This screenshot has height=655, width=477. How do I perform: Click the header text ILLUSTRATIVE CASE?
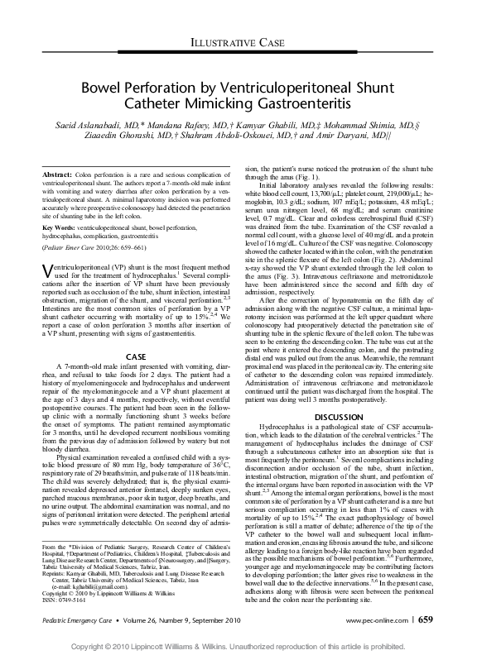(x=238, y=41)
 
